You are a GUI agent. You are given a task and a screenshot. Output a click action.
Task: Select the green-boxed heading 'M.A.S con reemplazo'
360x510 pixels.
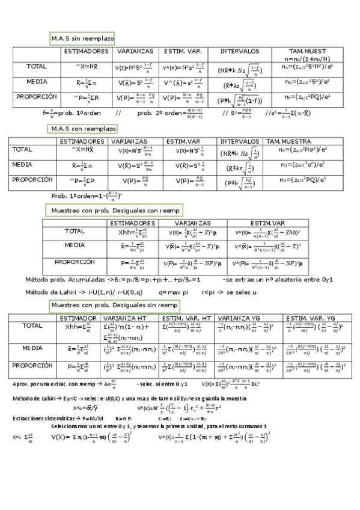point(82,129)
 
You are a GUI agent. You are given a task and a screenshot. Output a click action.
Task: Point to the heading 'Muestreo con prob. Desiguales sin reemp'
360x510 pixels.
point(114,306)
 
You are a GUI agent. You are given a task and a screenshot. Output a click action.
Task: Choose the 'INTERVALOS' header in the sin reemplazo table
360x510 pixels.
point(240,51)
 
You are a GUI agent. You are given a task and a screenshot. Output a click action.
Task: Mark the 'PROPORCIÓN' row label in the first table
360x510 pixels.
point(37,96)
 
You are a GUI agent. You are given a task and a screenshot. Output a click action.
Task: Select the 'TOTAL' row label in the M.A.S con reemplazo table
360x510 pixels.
point(23,149)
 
